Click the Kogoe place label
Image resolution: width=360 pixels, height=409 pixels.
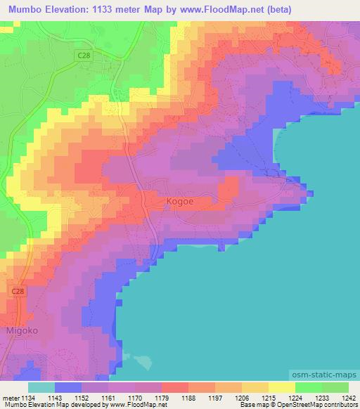pyautogui.click(x=180, y=202)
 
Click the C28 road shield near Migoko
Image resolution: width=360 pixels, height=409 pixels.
pyautogui.click(x=19, y=290)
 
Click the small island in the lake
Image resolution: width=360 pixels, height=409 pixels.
pyautogui.click(x=143, y=361)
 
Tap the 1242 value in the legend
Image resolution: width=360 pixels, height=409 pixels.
pyautogui.click(x=340, y=398)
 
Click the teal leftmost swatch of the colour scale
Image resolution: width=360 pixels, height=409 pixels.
pyautogui.click(x=41, y=387)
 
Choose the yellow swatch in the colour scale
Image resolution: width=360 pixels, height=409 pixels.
pyautogui.click(x=282, y=387)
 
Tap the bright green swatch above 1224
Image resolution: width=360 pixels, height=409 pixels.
pyautogui.click(x=309, y=387)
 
